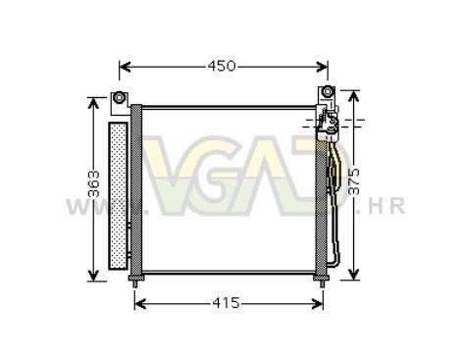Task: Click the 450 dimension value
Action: coord(222,66)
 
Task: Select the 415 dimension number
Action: coord(226,303)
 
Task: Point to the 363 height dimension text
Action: coord(94,183)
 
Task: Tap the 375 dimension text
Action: coord(354,181)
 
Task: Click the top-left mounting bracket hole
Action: coord(119,97)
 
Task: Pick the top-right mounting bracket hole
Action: coord(327,92)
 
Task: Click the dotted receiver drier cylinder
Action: coord(118,195)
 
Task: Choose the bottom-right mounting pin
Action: coord(322,281)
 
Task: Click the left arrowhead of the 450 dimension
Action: coord(125,67)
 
